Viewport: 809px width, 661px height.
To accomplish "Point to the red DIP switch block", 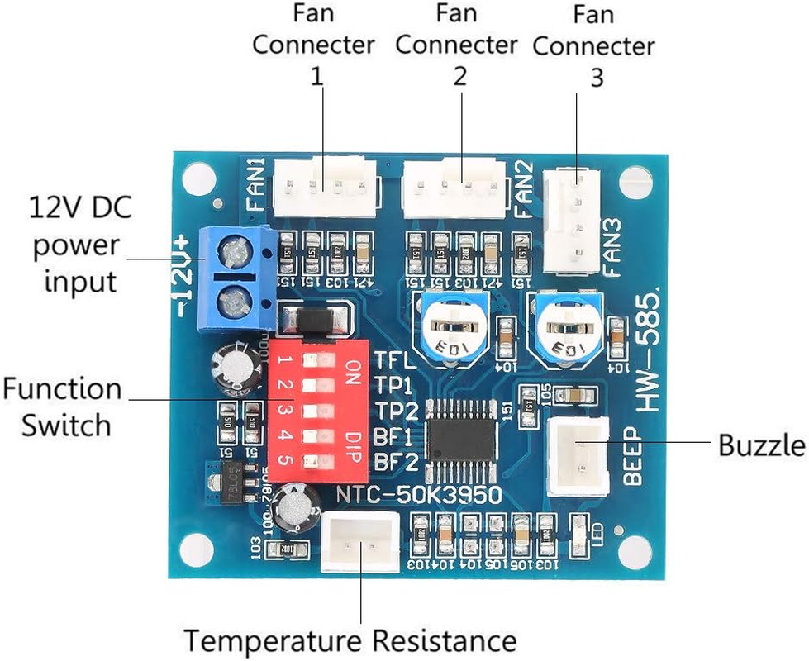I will tap(314, 411).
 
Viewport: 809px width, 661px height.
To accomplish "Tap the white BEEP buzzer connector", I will tap(579, 455).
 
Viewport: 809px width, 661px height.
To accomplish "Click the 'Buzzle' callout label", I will tap(761, 445).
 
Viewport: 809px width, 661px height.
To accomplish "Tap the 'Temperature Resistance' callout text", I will tap(350, 640).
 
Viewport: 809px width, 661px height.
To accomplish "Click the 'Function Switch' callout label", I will tap(62, 407).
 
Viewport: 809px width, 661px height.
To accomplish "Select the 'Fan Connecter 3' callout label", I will tap(593, 45).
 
